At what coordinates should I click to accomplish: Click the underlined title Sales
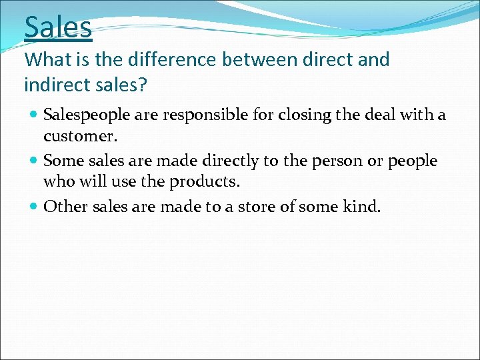[58, 27]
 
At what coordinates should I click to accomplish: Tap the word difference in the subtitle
[159, 59]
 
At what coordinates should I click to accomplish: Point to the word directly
[212, 161]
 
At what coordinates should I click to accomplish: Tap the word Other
[63, 207]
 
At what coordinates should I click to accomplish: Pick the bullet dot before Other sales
[34, 207]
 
